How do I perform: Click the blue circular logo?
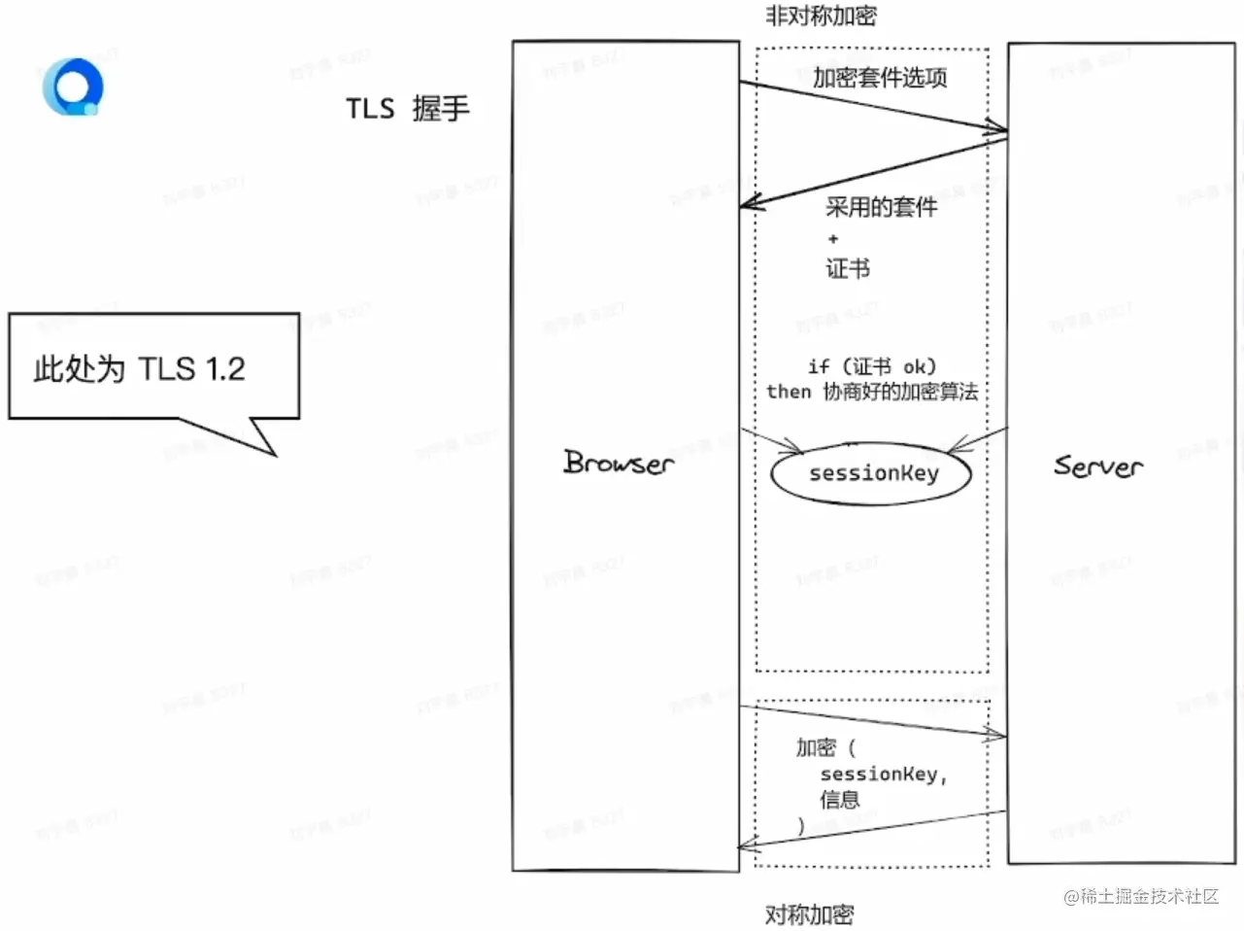(73, 86)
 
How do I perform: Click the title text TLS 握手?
(408, 108)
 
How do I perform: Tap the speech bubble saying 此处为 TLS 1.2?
(153, 366)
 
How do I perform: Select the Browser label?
(619, 463)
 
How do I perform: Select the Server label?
(1098, 466)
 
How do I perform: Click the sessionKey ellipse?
(871, 474)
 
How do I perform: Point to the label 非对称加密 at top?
(821, 16)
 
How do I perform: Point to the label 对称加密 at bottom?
(809, 914)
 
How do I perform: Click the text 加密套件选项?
(880, 78)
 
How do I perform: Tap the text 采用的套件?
(881, 207)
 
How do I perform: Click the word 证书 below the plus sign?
(847, 268)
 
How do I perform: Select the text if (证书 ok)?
(871, 366)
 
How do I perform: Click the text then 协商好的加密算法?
(871, 392)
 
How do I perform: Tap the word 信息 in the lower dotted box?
(839, 800)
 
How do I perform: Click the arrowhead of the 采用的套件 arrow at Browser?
(747, 204)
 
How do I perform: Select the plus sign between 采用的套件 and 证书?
(832, 238)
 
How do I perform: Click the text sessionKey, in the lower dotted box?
(883, 775)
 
